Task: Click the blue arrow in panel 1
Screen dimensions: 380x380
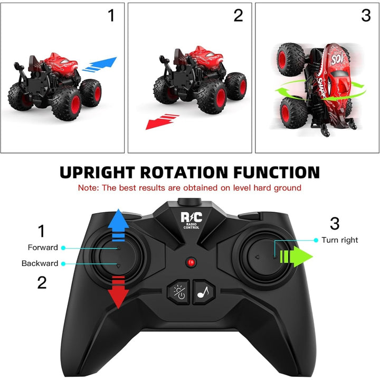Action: tap(100, 64)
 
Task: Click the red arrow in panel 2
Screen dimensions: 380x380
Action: tap(162, 121)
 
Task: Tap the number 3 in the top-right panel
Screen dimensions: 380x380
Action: tap(366, 15)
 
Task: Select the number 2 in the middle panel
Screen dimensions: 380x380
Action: tap(238, 15)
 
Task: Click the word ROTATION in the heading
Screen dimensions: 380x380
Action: tap(184, 172)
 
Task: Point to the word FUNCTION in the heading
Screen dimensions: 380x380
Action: tap(277, 172)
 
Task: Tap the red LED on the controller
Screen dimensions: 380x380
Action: tap(191, 262)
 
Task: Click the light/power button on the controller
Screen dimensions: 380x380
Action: tap(178, 291)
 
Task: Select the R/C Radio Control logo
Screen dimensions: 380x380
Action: tap(191, 220)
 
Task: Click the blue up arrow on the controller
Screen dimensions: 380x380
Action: tap(118, 225)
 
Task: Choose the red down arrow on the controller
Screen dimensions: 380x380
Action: tap(118, 292)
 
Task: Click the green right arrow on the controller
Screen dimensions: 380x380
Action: tap(296, 256)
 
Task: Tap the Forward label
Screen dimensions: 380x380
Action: tap(43, 248)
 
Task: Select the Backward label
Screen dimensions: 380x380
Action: tap(40, 263)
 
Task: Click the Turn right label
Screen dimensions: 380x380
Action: tap(339, 240)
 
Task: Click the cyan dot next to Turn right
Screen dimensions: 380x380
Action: tap(316, 240)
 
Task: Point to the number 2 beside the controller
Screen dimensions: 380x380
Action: tap(42, 282)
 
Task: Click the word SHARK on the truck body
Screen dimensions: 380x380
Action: tap(322, 88)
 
